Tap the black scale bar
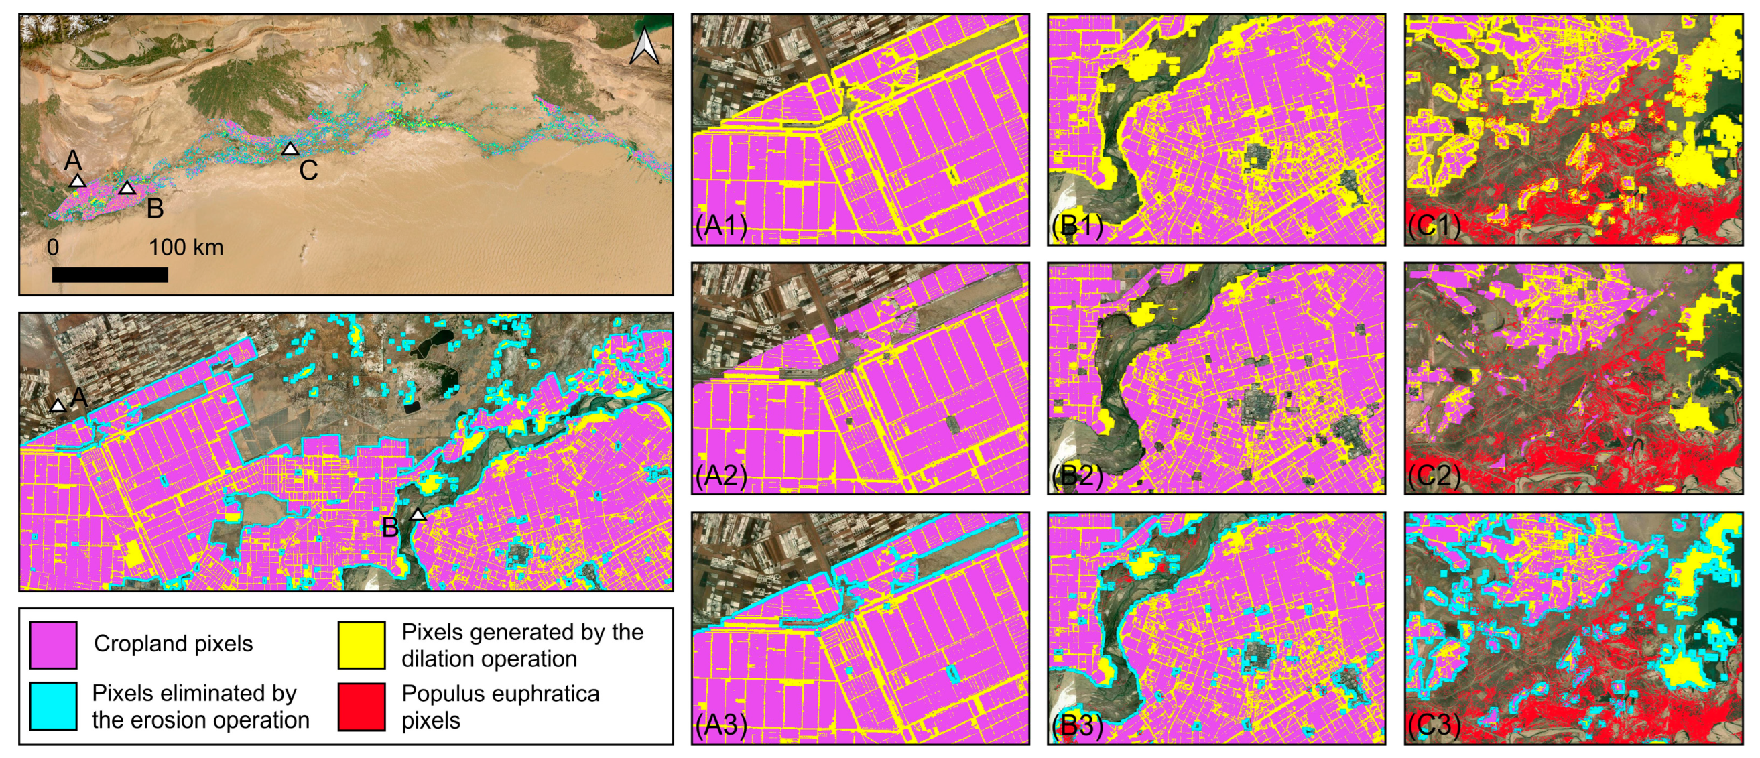(109, 275)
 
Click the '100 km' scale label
(186, 247)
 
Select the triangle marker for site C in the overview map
(290, 149)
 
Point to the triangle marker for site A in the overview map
(77, 181)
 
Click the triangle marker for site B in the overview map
(127, 188)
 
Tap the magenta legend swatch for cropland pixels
(54, 645)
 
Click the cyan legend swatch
(54, 706)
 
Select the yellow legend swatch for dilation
(361, 645)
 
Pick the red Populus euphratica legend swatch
(361, 706)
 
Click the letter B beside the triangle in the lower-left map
(390, 527)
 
